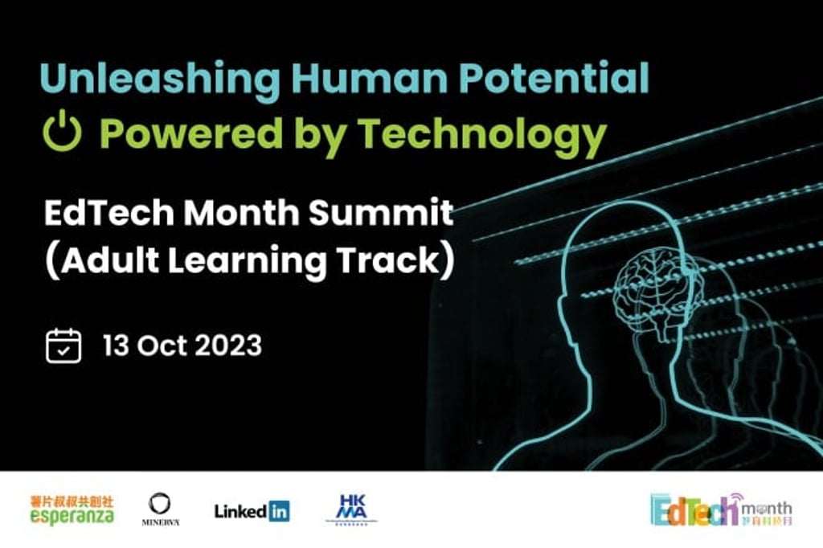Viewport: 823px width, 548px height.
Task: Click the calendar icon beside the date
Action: point(63,346)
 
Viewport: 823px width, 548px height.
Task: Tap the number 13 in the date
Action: point(117,346)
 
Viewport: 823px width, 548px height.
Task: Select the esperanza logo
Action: point(72,510)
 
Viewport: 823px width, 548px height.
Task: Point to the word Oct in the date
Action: point(160,346)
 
